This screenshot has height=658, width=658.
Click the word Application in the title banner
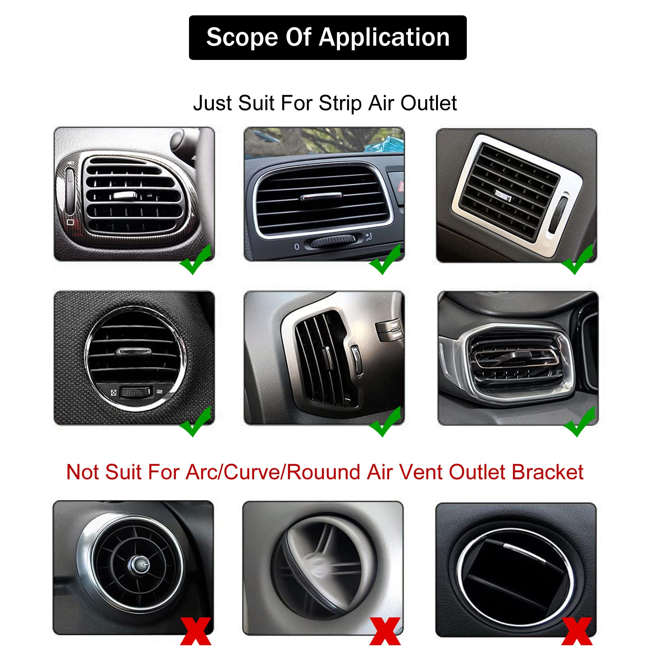click(384, 38)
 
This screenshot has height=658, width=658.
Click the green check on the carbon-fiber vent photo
click(196, 260)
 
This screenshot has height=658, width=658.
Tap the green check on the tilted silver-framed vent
click(577, 260)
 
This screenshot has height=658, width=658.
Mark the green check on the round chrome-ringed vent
click(196, 422)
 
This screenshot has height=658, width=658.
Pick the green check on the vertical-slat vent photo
click(385, 422)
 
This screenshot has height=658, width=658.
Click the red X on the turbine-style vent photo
click(196, 631)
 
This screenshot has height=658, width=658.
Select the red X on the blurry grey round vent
click(385, 631)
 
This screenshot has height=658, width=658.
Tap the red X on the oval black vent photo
click(577, 631)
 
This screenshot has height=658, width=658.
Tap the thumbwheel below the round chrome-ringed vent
click(136, 392)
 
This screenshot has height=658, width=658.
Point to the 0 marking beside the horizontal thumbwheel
click(297, 247)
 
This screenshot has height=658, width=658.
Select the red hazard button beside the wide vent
click(401, 187)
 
